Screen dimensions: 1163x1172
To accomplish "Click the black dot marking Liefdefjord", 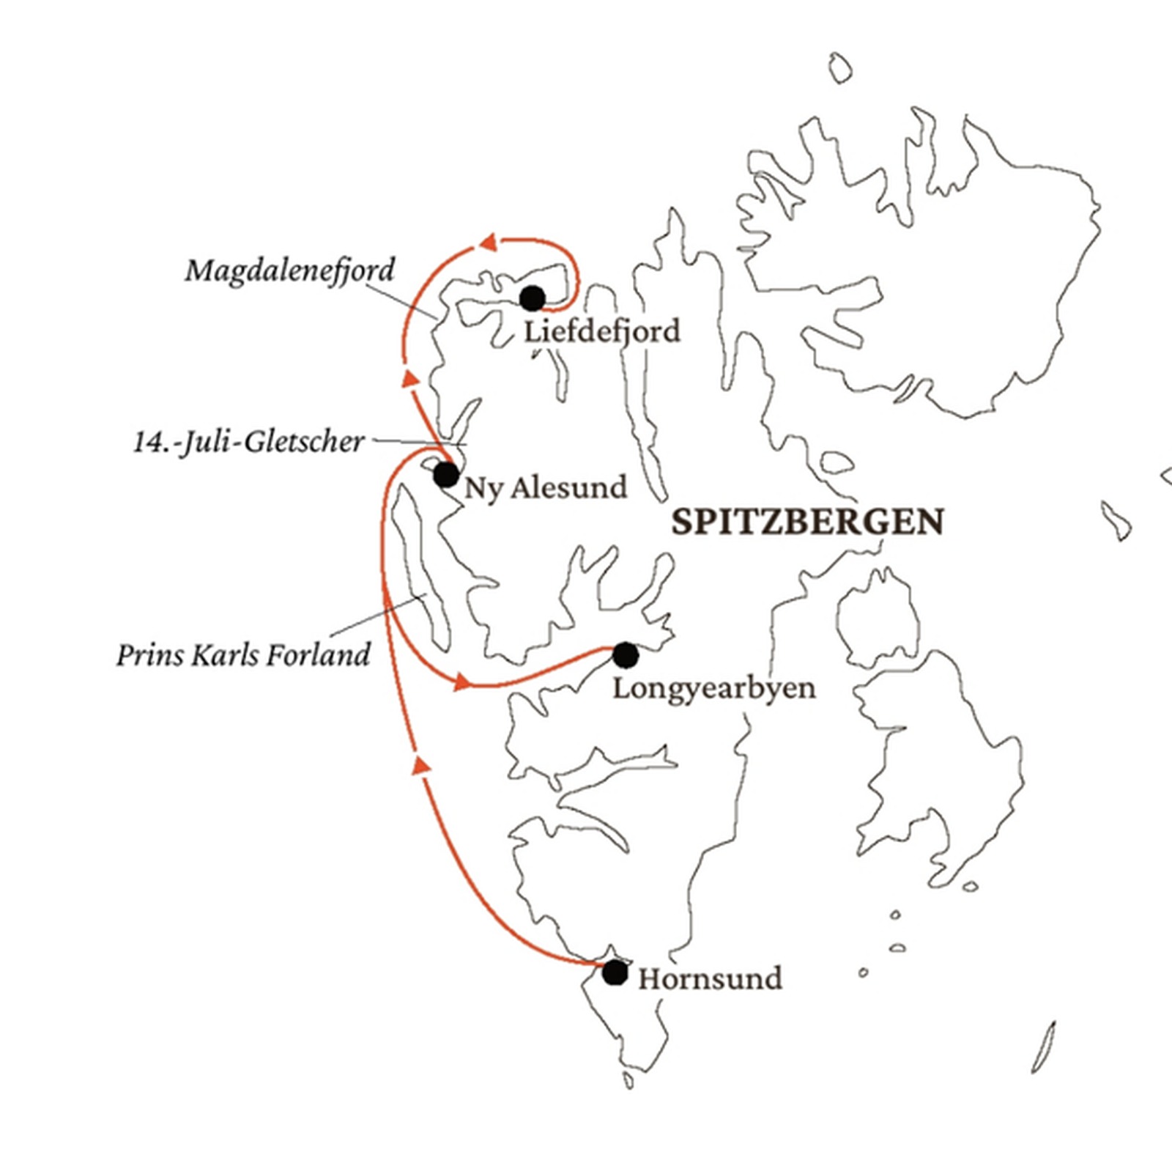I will click(533, 298).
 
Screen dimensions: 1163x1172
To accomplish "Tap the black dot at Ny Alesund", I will click(445, 475).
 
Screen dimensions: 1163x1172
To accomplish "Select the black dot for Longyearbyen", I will click(625, 655).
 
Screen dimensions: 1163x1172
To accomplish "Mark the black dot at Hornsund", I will click(615, 973).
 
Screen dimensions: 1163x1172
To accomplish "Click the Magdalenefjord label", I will click(289, 271).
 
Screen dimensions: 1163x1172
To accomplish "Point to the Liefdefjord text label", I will click(602, 331).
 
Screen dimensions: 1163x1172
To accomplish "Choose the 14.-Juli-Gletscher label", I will click(248, 442).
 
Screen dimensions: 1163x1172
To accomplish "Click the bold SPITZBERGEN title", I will click(807, 523).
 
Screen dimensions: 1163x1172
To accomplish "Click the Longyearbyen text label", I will click(713, 689).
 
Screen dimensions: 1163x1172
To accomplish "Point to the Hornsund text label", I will click(710, 979).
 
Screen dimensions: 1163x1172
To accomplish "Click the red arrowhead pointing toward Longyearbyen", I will click(461, 683).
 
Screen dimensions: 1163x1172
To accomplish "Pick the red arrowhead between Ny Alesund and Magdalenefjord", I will click(409, 378).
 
